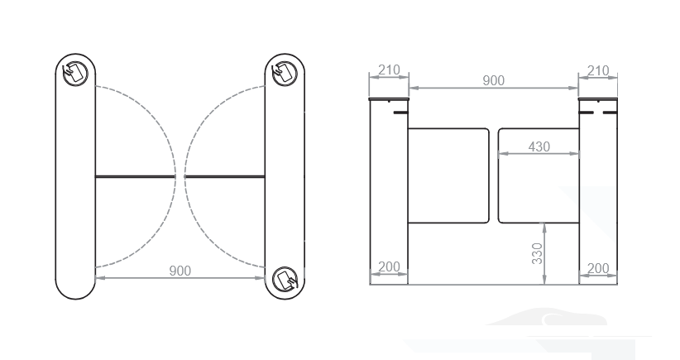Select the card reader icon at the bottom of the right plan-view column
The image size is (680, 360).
coord(285,279)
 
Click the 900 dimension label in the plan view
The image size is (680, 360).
coord(180,271)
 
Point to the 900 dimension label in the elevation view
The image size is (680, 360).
coord(493,80)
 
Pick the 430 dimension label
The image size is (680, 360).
coord(539,146)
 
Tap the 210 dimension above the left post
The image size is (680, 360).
coord(388,71)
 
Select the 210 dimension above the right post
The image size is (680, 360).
coord(597,71)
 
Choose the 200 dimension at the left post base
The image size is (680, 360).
coord(387,268)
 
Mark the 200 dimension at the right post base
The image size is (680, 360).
coord(597,268)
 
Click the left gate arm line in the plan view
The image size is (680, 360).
coord(135,176)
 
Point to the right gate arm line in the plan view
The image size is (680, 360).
coord(225,176)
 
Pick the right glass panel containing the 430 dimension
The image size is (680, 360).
coord(539,190)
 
